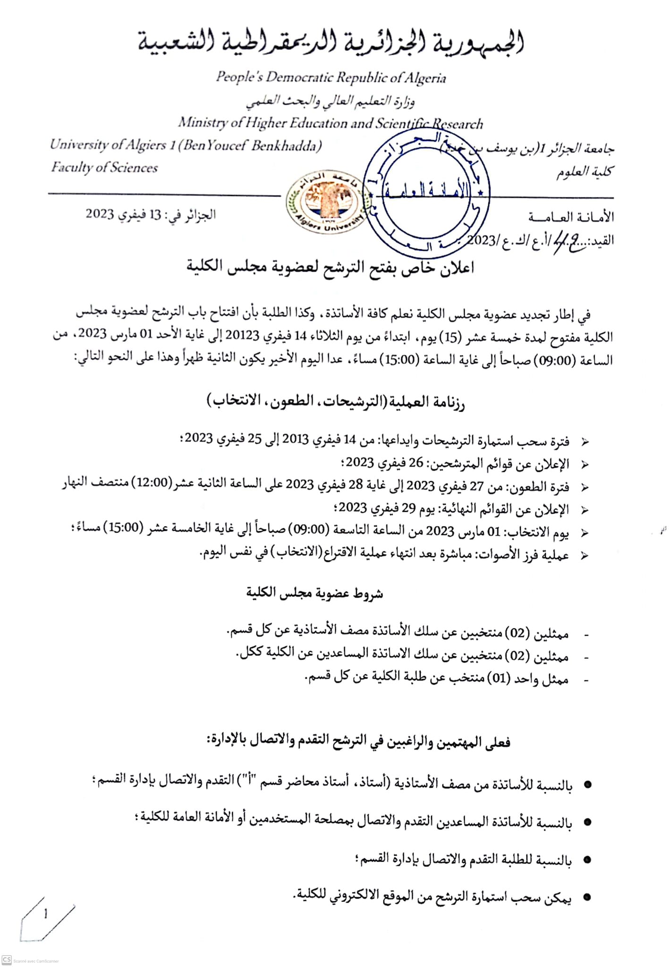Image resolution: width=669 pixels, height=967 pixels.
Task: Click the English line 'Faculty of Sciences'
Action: [104, 168]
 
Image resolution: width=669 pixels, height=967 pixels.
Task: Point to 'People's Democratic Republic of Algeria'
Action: [330, 77]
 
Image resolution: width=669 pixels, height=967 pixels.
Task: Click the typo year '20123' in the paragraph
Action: [243, 335]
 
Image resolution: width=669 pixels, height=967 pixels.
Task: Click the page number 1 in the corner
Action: [46, 915]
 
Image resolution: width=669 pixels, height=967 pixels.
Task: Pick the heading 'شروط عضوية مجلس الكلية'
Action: [314, 594]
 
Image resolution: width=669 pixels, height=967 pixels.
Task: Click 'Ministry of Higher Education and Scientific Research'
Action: [330, 123]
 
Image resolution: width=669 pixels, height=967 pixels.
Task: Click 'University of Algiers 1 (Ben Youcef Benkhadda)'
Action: [186, 145]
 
